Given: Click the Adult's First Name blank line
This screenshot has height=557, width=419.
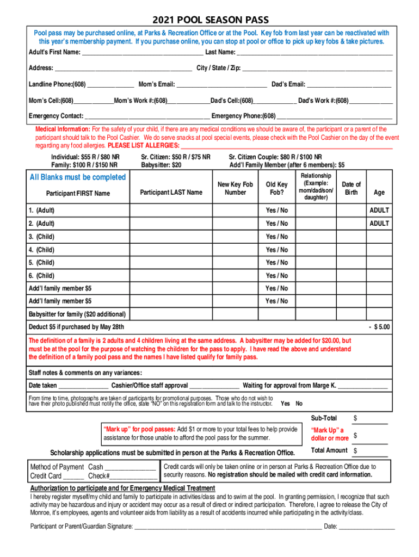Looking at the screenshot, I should coord(142,53).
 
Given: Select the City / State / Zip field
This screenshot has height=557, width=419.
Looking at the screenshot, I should coord(317,69).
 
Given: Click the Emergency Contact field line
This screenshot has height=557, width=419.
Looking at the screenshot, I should coord(147,117).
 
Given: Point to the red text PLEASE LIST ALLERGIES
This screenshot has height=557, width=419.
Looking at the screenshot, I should coord(143,146).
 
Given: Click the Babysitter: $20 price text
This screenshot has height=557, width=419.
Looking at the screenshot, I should coord(161,165).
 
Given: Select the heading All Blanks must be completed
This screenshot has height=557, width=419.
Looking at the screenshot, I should coord(78,177).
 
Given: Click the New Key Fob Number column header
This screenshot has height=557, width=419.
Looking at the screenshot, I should coord(235,188).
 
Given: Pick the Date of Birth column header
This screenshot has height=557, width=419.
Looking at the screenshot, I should coord(351,188).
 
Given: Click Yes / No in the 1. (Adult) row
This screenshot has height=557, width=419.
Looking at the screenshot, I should coord(276,211).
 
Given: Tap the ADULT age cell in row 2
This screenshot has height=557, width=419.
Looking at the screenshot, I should coord(379,224).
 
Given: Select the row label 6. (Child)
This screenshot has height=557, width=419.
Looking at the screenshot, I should coord(41,276).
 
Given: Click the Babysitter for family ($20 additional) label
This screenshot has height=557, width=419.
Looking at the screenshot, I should coord(77,314).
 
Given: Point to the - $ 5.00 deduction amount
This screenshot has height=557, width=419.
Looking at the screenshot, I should coord(379,327).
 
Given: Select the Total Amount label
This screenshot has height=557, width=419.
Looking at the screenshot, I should coord(329,450).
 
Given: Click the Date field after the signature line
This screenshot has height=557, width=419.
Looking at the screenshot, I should coord(367,527).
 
